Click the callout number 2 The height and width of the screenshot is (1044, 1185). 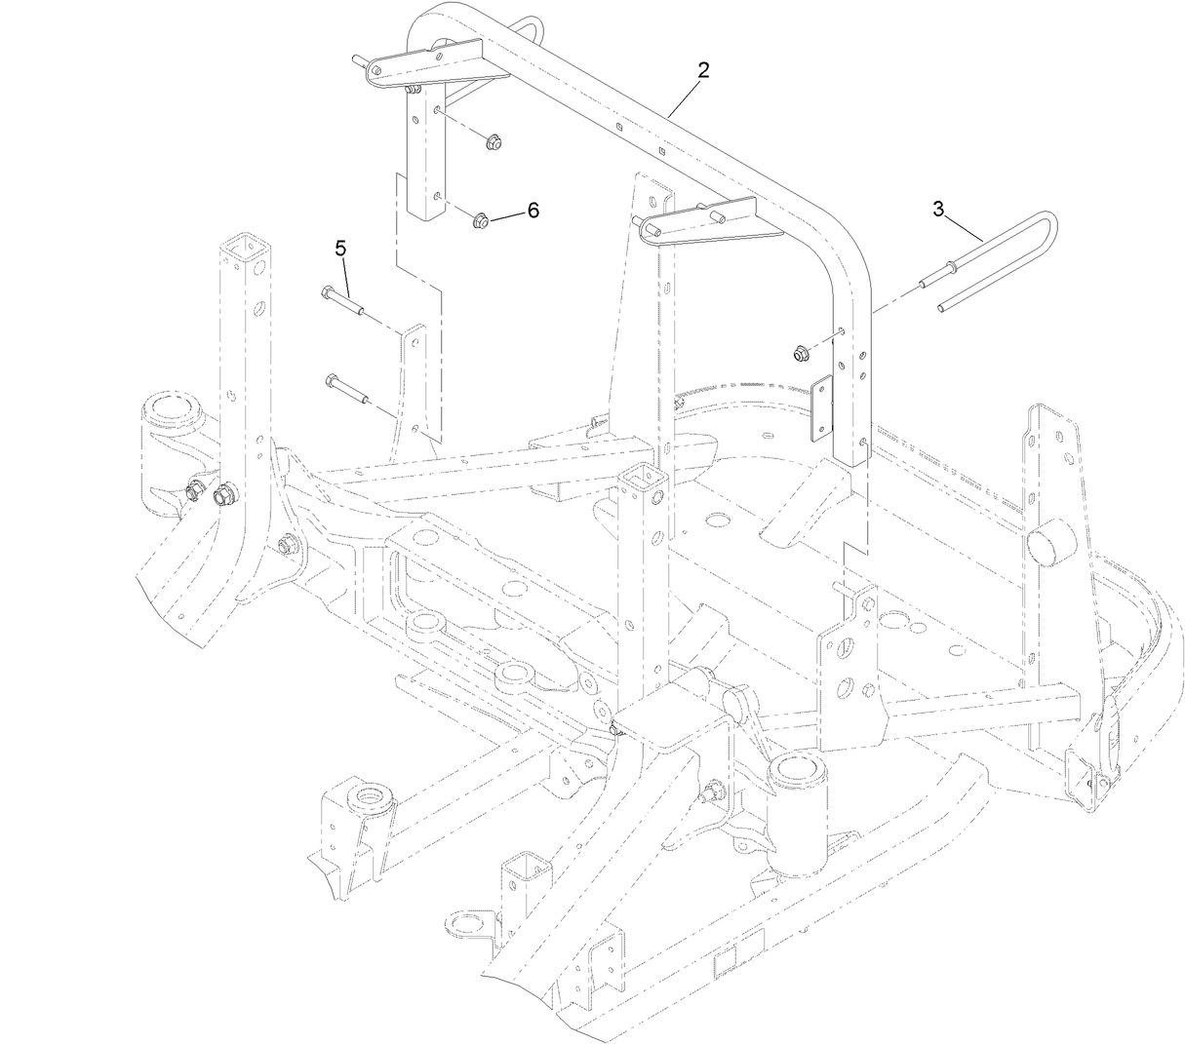point(702,70)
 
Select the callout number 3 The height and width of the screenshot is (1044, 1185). point(938,209)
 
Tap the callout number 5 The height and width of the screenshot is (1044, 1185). point(340,249)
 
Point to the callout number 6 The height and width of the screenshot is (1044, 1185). point(533,211)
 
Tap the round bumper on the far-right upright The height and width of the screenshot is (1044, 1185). point(1049,540)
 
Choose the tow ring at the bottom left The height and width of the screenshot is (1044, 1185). point(461,921)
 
